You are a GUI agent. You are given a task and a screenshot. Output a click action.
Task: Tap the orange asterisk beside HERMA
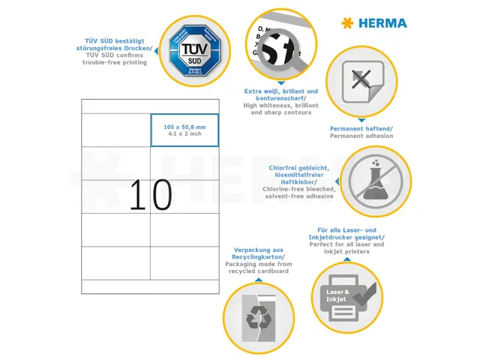(346, 23)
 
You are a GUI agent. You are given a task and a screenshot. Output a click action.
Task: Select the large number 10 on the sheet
(150, 195)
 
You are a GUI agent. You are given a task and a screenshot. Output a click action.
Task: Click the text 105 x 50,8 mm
(184, 127)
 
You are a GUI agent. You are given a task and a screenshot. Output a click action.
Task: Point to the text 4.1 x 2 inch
(184, 135)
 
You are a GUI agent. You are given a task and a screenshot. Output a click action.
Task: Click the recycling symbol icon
(258, 315)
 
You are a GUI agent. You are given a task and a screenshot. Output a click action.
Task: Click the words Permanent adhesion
(361, 136)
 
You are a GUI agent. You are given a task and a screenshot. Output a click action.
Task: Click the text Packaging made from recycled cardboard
(259, 267)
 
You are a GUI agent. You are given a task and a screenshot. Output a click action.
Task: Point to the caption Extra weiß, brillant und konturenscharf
(281, 95)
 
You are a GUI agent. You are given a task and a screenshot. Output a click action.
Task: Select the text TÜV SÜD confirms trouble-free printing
(115, 58)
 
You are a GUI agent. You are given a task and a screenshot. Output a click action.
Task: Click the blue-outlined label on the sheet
(184, 130)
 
